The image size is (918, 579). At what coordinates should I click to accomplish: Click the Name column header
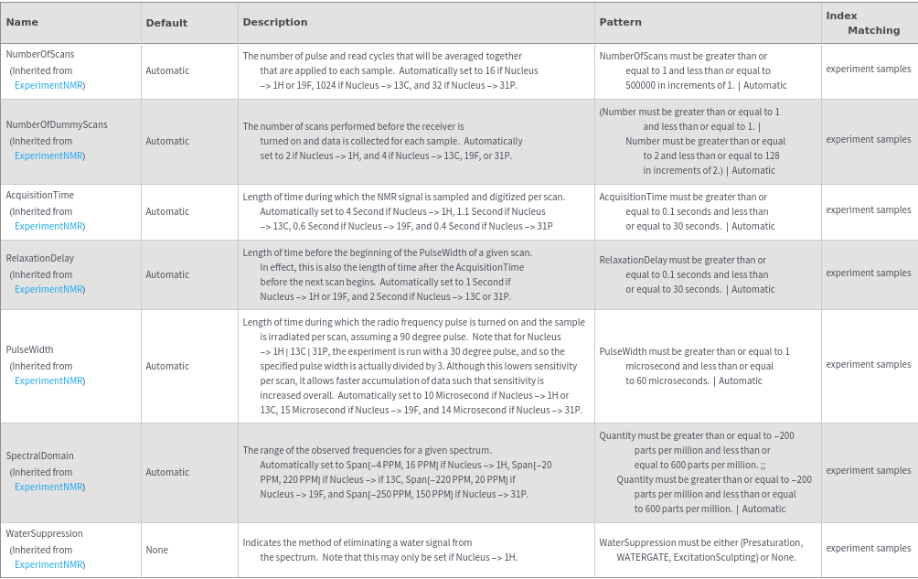[x=22, y=22]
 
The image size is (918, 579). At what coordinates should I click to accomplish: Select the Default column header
[x=166, y=23]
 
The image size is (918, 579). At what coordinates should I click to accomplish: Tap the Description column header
[x=274, y=22]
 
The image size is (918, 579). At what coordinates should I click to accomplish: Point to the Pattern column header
[x=620, y=22]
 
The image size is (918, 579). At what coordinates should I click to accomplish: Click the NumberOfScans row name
[x=40, y=54]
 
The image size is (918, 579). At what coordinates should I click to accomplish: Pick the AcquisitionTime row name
[x=40, y=195]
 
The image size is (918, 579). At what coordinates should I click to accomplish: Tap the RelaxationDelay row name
[x=40, y=258]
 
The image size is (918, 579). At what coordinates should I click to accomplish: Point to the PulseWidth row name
[x=29, y=349]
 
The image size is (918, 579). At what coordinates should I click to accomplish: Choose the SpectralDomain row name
[x=40, y=456]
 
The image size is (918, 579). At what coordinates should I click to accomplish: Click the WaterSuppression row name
[x=45, y=533]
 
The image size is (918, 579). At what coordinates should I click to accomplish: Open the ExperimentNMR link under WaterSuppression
[x=49, y=564]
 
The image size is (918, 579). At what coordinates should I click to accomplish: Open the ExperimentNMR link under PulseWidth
[x=49, y=381]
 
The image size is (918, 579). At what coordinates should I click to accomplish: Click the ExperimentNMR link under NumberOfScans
[x=49, y=85]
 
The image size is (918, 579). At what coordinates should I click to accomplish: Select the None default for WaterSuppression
[x=156, y=550]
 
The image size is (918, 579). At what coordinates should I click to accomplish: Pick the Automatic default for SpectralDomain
[x=167, y=472]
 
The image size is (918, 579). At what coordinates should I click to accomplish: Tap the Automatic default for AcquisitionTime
[x=167, y=211]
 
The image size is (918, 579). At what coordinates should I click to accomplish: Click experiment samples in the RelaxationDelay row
[x=868, y=273]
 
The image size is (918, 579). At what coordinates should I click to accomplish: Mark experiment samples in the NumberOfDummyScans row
[x=868, y=139]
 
